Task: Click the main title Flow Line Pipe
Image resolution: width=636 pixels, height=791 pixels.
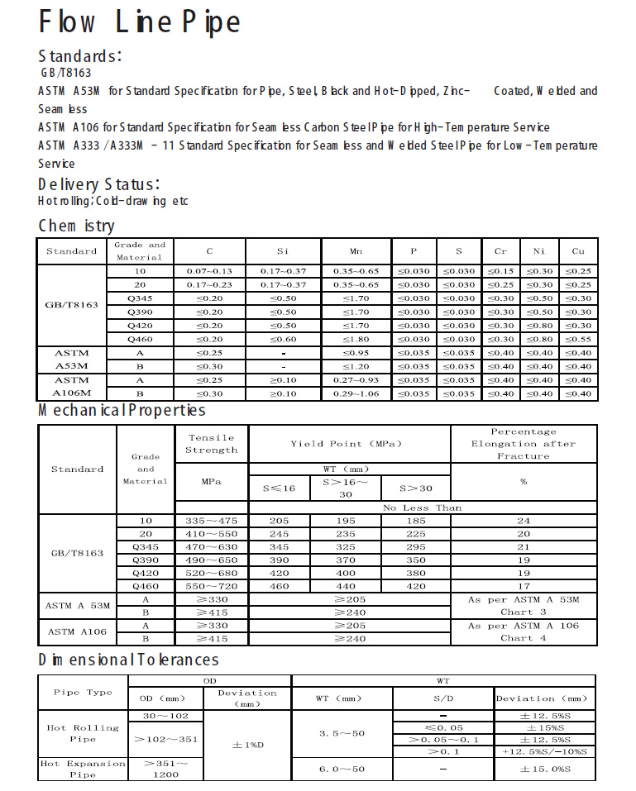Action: [140, 22]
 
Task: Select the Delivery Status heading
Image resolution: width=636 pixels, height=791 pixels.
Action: [99, 183]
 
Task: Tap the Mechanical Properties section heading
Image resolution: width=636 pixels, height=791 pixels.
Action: [122, 410]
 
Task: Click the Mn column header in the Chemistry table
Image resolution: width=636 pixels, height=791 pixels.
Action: [356, 250]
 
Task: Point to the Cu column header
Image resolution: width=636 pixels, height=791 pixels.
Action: [578, 250]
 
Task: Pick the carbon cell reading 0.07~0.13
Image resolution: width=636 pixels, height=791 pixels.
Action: [209, 271]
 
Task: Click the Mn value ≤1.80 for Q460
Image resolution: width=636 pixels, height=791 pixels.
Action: [356, 339]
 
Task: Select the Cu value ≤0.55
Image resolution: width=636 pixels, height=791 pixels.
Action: [578, 339]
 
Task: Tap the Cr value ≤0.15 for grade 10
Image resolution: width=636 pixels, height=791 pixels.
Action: [500, 271]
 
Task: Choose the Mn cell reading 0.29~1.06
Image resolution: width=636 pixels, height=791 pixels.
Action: [356, 393]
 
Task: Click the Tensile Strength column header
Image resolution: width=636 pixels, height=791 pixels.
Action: [211, 444]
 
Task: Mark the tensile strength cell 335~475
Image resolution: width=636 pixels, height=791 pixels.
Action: [211, 522]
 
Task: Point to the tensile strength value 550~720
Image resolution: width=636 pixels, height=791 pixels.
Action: [211, 586]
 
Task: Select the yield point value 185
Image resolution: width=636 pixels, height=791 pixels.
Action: [416, 522]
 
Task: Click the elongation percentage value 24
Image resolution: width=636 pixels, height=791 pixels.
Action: [524, 522]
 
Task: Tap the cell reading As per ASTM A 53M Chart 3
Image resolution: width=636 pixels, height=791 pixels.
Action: [524, 606]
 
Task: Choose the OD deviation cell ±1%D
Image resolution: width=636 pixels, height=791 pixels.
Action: [247, 745]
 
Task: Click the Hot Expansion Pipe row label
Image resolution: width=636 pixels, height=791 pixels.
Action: [83, 770]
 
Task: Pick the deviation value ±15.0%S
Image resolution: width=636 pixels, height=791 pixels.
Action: [544, 770]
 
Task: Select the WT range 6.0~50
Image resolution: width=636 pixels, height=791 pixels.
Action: [341, 770]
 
